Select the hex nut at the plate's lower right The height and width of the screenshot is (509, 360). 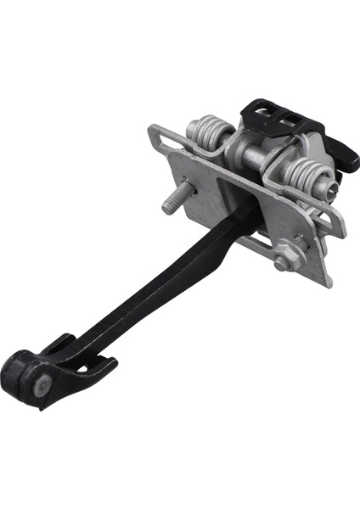pyautogui.click(x=282, y=262)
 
